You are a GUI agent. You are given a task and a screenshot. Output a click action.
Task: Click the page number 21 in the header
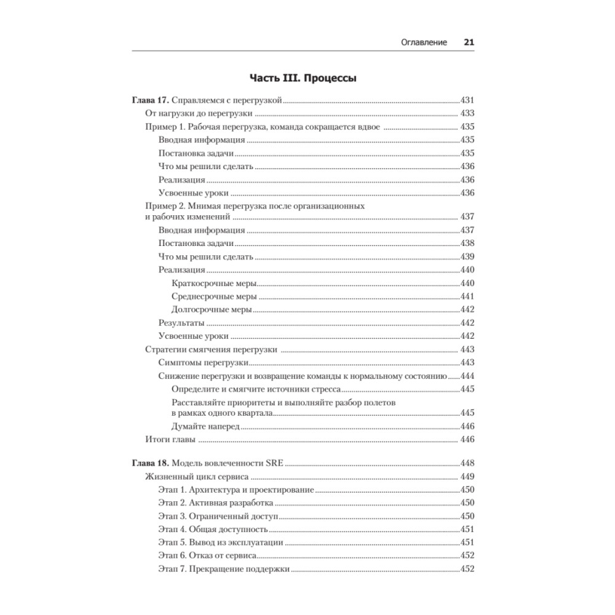point(469,43)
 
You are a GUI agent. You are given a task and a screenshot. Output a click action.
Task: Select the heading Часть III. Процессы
point(303,79)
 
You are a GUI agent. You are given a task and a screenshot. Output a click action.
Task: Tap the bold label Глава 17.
point(151,100)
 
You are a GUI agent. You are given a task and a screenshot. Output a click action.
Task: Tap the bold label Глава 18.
point(151,463)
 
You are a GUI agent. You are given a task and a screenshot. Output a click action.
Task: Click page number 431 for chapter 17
point(467,100)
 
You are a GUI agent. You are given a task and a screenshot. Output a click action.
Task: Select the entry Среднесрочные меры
point(213,296)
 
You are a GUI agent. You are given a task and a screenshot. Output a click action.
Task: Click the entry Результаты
point(181,323)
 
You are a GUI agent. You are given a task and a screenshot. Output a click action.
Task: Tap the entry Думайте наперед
point(205,426)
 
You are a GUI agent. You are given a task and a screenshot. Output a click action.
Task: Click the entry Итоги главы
point(170,439)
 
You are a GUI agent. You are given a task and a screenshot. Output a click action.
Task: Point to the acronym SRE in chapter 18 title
point(273,463)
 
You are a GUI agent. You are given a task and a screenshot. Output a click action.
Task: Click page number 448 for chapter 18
point(467,463)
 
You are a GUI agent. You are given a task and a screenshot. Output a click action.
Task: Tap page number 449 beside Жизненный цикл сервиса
point(467,477)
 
